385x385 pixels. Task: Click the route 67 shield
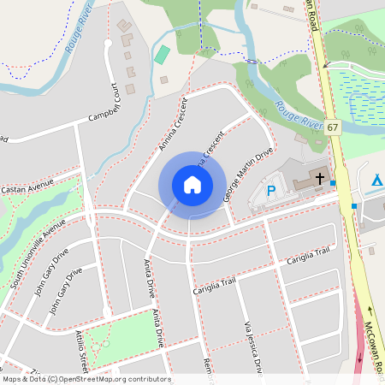(x=332, y=127)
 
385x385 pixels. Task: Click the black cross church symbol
(x=320, y=179)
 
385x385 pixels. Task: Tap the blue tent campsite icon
(x=377, y=180)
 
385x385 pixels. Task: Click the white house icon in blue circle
(x=192, y=185)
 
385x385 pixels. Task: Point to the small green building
(x=162, y=54)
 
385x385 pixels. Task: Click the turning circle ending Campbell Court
(x=108, y=43)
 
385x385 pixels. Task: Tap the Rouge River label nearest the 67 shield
(x=297, y=115)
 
